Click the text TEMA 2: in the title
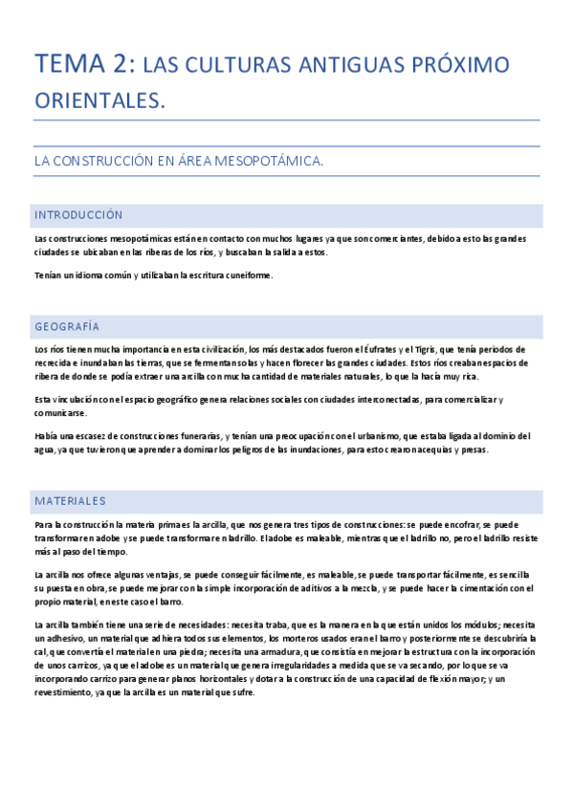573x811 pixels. tap(83, 64)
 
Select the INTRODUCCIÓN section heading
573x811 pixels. tap(78, 215)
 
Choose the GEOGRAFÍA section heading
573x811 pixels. tap(67, 326)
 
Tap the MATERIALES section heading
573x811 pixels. tap(70, 500)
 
